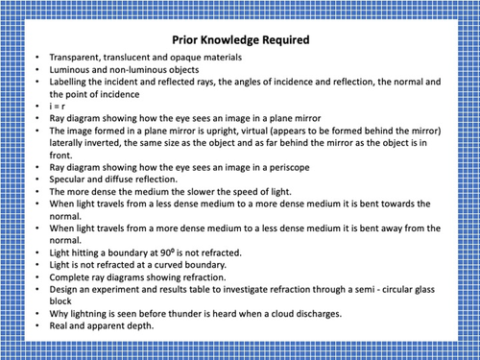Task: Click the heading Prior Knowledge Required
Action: tap(240, 41)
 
